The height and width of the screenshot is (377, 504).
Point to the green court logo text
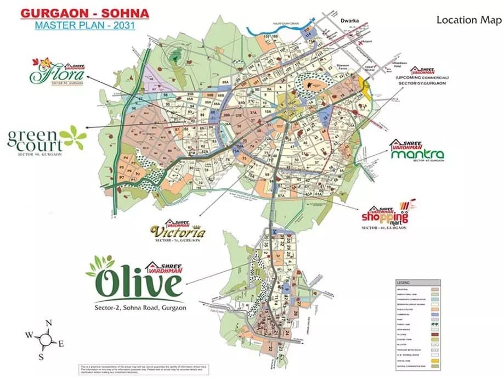[34, 139]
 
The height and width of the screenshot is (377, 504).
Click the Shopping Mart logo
[385, 216]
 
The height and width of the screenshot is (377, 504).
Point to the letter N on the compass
[49, 324]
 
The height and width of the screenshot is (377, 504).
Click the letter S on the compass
[41, 357]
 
